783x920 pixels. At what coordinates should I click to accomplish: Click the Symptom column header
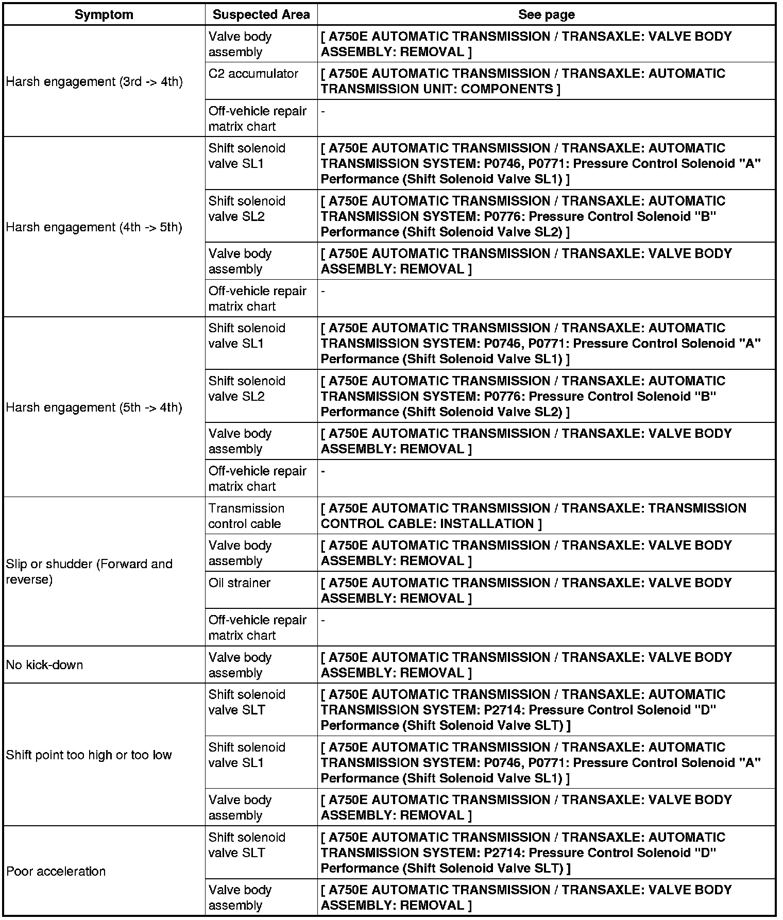click(104, 14)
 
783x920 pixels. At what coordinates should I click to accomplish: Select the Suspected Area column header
click(261, 14)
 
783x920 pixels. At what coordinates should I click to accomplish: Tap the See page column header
click(546, 14)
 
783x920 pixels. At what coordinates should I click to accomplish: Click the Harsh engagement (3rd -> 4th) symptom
click(94, 81)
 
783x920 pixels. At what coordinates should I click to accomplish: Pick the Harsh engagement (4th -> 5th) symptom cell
click(94, 227)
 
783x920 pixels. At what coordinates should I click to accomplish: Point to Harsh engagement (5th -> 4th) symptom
click(94, 407)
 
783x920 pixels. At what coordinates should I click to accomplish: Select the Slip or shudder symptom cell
click(89, 571)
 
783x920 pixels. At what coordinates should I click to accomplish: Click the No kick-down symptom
click(45, 665)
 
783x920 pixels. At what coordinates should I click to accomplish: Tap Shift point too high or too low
click(89, 755)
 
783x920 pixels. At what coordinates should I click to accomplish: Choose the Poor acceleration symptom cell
click(56, 871)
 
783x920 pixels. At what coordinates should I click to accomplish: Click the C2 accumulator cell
click(253, 74)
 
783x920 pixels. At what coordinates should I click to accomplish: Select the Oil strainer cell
click(240, 583)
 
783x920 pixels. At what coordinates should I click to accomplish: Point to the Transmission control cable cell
click(246, 516)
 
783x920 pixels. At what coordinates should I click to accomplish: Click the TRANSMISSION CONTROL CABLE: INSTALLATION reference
click(533, 516)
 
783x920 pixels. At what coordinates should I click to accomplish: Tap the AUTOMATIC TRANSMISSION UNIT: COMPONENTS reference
click(522, 81)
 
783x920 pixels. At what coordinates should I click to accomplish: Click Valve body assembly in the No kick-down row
click(240, 665)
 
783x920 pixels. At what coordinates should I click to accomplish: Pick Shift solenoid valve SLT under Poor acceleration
click(247, 845)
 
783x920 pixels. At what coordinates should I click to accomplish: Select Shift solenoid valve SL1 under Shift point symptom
click(247, 755)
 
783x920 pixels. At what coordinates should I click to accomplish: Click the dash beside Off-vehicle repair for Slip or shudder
click(323, 620)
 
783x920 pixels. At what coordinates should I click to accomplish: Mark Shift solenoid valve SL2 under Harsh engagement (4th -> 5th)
click(247, 209)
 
